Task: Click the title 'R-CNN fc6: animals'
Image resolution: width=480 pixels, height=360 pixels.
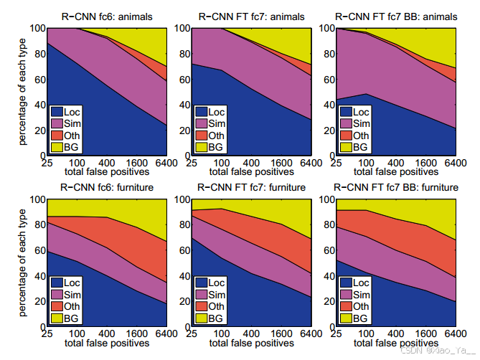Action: [108, 16]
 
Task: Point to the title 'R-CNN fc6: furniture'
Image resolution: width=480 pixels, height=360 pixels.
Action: [108, 187]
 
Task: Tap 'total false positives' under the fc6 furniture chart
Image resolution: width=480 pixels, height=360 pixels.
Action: [108, 344]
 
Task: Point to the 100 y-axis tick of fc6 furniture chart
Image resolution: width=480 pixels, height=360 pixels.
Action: [36, 199]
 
